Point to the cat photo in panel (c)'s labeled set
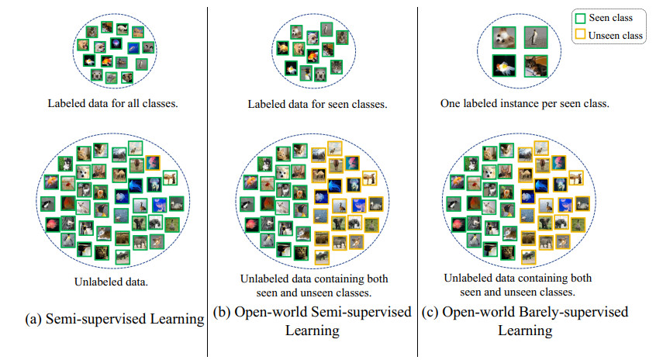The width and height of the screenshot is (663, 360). [534, 66]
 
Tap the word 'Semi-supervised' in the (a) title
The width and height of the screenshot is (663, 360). [103, 319]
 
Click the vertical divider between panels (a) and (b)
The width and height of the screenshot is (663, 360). [208, 178]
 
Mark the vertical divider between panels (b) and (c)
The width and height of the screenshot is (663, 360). [418, 178]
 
